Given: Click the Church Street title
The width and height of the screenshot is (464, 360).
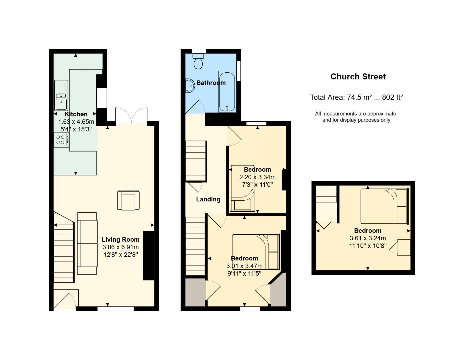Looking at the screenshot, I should pyautogui.click(x=358, y=77).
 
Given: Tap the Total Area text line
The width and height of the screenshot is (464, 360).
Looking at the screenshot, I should pyautogui.click(x=356, y=97).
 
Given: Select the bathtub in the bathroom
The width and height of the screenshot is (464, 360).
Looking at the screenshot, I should pyautogui.click(x=227, y=91).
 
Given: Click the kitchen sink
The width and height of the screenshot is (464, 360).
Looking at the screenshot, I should pyautogui.click(x=61, y=95).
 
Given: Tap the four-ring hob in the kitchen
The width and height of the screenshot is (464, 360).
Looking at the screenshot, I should pyautogui.click(x=61, y=140).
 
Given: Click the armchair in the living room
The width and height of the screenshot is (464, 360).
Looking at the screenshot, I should pyautogui.click(x=128, y=200).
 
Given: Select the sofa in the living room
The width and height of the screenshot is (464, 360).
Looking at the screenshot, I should pyautogui.click(x=87, y=243).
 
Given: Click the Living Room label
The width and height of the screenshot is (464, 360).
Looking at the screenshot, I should pyautogui.click(x=120, y=239).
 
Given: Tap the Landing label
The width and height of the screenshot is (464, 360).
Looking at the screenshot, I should pyautogui.click(x=208, y=199).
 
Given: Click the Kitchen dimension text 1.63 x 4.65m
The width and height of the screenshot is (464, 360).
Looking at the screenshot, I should pyautogui.click(x=76, y=122).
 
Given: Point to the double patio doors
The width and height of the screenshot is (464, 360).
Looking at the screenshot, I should pyautogui.click(x=131, y=116).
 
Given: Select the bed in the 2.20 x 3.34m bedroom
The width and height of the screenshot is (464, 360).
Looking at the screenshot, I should pyautogui.click(x=242, y=188).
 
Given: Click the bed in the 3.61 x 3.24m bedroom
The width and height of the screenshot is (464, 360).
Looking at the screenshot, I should pyautogui.click(x=384, y=206).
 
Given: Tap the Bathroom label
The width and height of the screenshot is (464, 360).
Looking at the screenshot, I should pyautogui.click(x=211, y=83).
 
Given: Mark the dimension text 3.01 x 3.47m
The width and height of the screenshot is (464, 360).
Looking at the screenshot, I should pyautogui.click(x=244, y=266).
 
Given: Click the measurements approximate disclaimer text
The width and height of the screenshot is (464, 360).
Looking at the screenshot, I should pyautogui.click(x=356, y=117).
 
